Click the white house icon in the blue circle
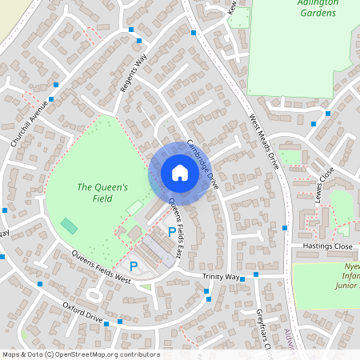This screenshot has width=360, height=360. tap(179, 172)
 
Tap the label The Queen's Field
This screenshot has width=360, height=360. tap(102, 192)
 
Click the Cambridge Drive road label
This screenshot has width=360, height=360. tap(203, 163)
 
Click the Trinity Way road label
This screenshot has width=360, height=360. tap(222, 277)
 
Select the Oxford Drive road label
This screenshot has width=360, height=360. tap(83, 311)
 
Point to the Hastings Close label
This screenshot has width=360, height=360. tap(327, 246)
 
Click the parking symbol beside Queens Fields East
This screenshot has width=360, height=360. tap(171, 231)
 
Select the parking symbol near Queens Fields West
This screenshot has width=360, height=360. tap(134, 265)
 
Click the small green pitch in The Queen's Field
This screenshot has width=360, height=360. tap(70, 226)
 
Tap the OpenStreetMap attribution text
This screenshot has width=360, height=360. tap(80, 354)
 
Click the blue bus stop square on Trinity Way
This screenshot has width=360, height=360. tap(255, 274)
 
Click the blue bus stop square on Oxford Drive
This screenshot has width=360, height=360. tap(119, 322)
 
